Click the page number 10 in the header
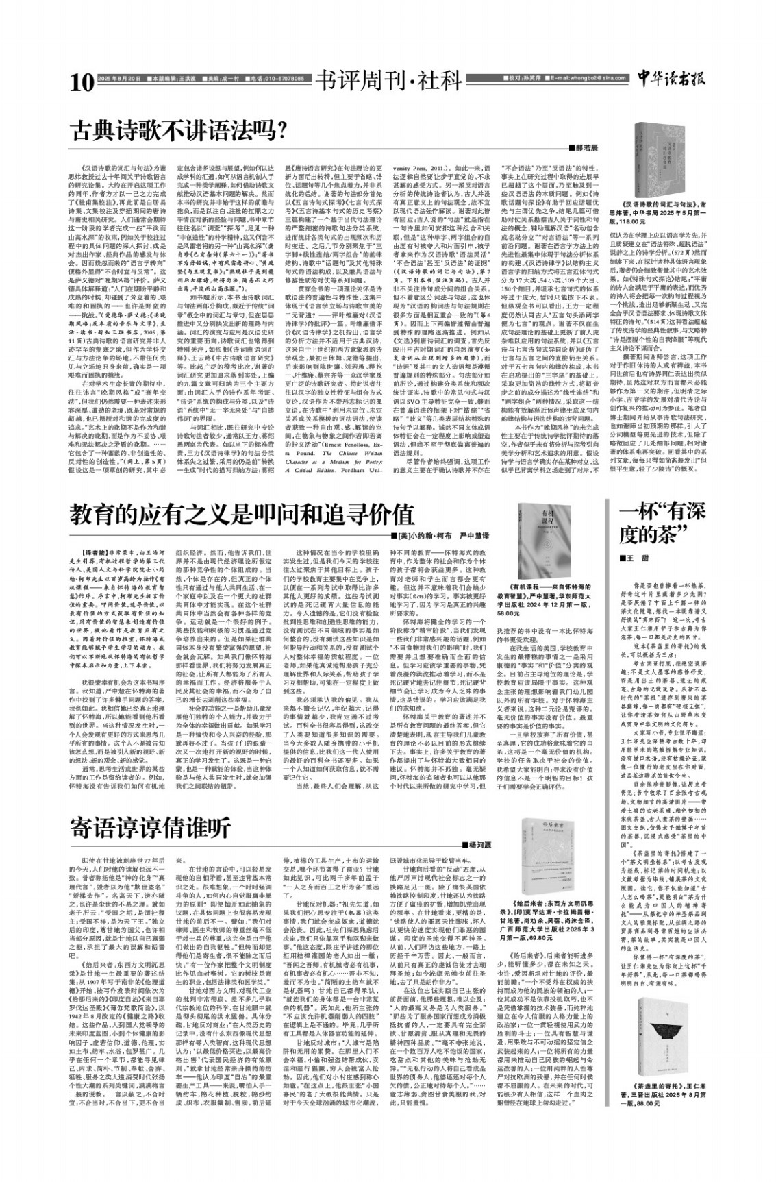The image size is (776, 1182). (81, 83)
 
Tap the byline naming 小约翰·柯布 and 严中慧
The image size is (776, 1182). (446, 534)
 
